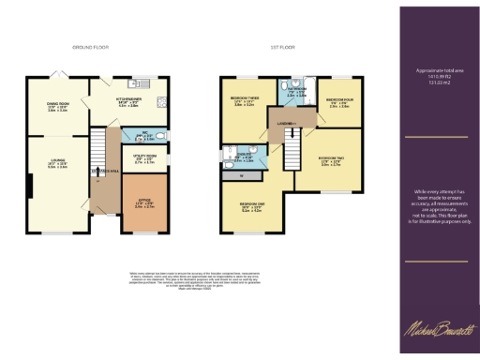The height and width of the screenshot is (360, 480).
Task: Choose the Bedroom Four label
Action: (338, 104)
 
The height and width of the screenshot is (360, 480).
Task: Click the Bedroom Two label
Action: (330, 160)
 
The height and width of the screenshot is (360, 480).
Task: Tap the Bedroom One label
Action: (251, 207)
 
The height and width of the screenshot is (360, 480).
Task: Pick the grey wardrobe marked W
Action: (242, 174)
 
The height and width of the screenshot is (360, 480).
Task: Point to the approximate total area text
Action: (439, 77)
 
